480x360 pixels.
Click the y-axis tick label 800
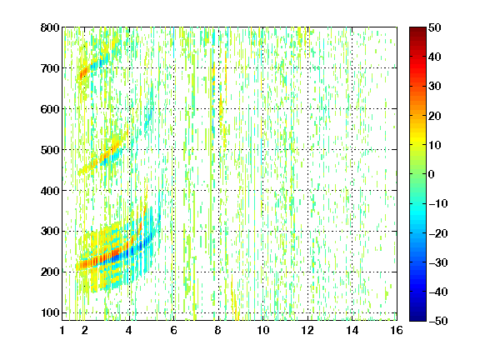50,27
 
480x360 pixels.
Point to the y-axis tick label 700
50,68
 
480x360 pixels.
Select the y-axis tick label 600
50,109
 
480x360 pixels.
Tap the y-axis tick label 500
50,150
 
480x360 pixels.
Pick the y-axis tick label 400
50,191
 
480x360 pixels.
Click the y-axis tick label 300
50,231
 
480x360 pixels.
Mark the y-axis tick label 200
50,272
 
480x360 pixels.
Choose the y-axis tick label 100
50,312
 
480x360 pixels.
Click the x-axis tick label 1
62,330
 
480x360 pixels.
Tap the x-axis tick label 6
173,330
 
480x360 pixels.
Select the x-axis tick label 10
262,330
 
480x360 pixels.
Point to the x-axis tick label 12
307,330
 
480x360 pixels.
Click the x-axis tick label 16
397,330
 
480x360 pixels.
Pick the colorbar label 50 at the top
434,27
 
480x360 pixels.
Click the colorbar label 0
432,174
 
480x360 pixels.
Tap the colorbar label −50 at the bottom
438,321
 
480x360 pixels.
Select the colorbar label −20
438,233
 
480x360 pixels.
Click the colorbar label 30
434,87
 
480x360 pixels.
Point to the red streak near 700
83,73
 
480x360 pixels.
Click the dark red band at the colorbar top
417,33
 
